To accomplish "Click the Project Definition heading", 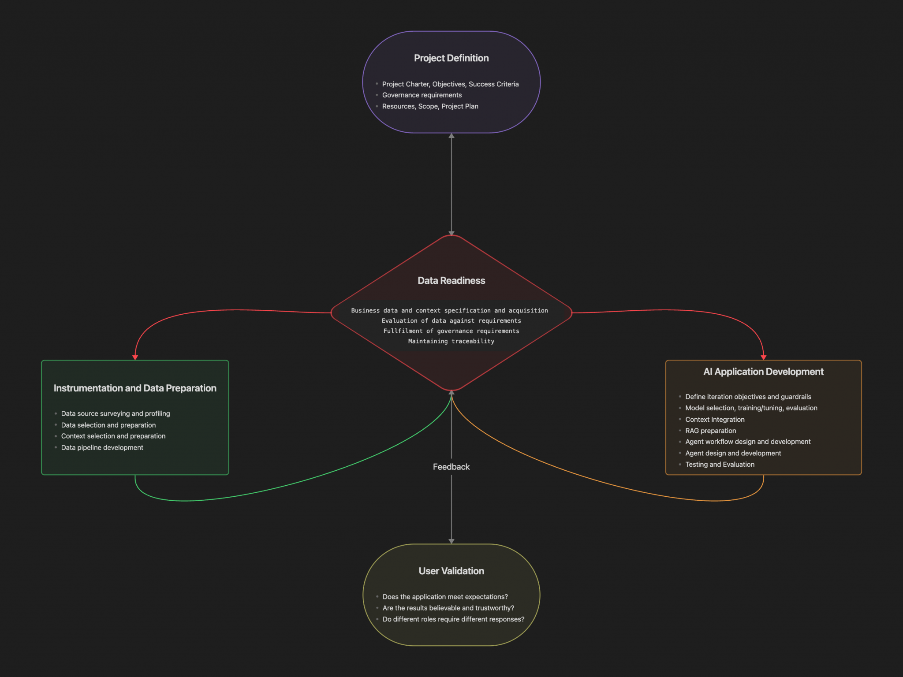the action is click(451, 58).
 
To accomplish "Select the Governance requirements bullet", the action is click(422, 95).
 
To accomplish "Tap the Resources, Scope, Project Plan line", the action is click(430, 106).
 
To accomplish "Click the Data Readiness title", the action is click(451, 281).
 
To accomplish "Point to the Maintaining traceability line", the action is click(451, 341).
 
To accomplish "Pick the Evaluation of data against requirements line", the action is click(451, 321).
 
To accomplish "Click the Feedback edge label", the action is click(451, 467).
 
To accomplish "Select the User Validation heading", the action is click(451, 571).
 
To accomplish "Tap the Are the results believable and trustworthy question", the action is click(448, 608).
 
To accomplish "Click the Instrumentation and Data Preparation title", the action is click(135, 388).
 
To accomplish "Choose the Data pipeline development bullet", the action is click(102, 447).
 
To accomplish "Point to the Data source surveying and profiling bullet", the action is click(116, 413).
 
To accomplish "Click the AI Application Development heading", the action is click(763, 372).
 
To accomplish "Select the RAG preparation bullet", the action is click(710, 431).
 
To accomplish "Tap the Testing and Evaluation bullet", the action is click(720, 465).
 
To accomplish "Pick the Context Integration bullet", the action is click(715, 420).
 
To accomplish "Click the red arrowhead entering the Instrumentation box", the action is click(135, 357).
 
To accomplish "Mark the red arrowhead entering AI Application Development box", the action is click(763, 357).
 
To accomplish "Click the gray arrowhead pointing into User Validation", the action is click(451, 541).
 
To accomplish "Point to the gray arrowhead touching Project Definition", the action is click(451, 136).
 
